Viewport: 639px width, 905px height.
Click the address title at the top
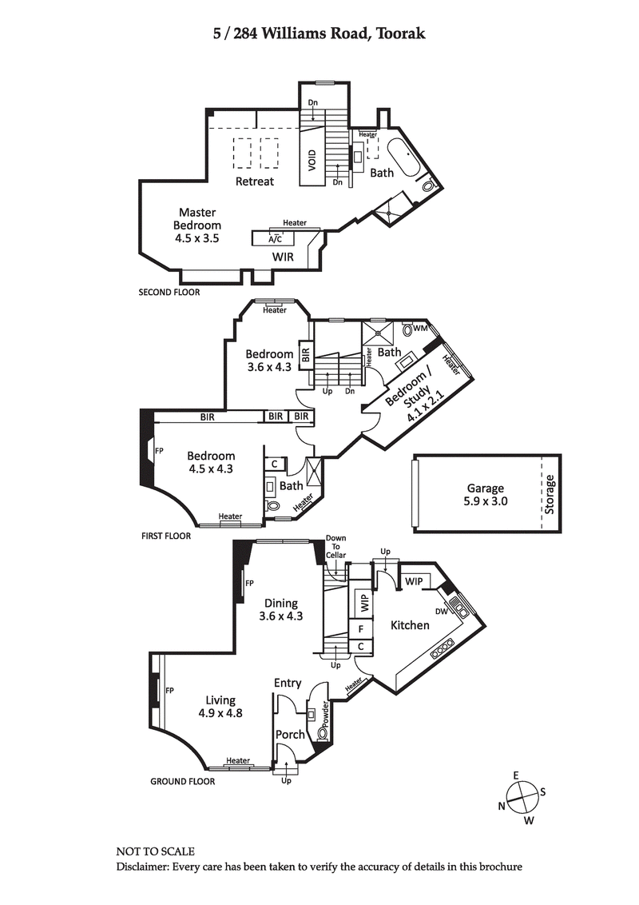coord(319,34)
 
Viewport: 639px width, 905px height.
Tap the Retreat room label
coord(255,181)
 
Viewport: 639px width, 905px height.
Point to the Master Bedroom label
coord(198,225)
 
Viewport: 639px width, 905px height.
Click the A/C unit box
coord(275,238)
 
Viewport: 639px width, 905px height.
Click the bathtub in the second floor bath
coord(401,157)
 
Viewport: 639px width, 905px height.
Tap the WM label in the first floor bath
coord(421,329)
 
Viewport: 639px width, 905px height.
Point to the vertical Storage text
coord(550,494)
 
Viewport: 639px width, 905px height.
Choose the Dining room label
coord(280,609)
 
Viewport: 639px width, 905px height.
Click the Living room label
coord(220,706)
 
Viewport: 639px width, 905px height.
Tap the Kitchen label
coord(410,625)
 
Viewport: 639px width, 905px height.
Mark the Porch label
coord(290,735)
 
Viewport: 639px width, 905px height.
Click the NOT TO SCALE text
coord(155,852)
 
